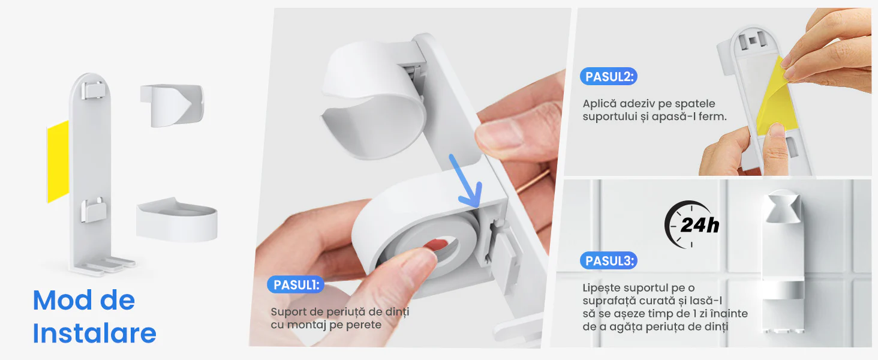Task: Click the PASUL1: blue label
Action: [296, 284]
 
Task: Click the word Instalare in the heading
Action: [94, 333]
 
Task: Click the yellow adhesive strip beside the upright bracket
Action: [58, 161]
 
